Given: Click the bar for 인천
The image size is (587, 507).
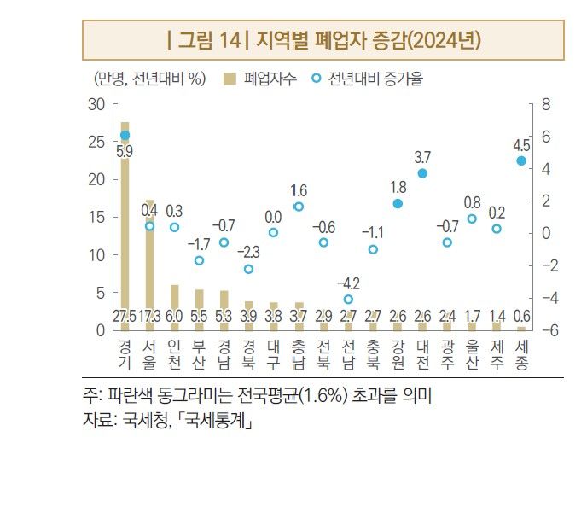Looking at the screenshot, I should (174, 303).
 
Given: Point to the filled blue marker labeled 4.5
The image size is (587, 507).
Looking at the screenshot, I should (521, 160).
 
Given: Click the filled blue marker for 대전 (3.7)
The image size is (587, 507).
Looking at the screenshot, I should (422, 173).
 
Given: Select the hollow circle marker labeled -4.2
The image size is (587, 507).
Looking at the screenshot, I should (348, 300).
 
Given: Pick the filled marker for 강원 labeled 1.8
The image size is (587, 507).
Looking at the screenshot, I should (398, 204).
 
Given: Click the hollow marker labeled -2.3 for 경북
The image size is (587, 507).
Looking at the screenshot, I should (248, 269).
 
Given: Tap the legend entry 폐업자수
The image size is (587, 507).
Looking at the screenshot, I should (260, 79).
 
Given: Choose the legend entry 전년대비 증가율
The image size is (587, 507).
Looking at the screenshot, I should (372, 79).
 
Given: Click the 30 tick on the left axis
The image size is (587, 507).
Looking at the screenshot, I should (96, 104).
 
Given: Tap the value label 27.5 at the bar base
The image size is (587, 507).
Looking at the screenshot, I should (125, 317).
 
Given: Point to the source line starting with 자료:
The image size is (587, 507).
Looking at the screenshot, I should (167, 420).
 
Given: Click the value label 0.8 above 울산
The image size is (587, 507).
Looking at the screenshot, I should (472, 202).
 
